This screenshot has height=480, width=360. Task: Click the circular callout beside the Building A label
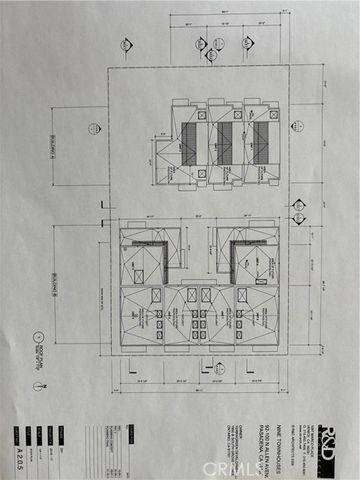pyautogui.click(x=93, y=128)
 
